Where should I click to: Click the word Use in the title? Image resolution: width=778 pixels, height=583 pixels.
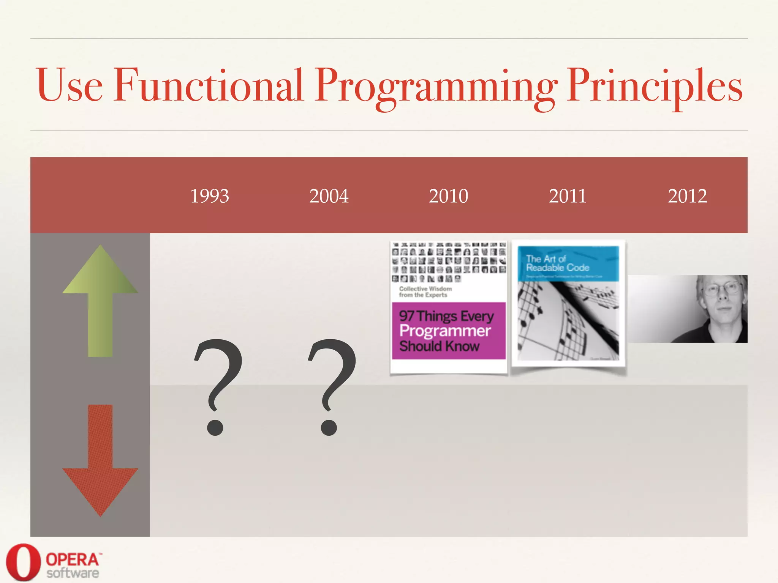pos(69,85)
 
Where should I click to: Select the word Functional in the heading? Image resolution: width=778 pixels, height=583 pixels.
pos(208,85)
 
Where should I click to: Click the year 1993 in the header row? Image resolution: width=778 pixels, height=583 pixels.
pos(209,196)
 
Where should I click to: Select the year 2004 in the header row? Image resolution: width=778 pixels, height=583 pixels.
pos(329,196)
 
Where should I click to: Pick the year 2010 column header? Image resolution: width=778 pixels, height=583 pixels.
pos(448,196)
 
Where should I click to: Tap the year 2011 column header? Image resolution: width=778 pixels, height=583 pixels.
pos(568,196)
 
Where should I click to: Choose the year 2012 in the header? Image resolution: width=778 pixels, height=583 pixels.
pos(687,196)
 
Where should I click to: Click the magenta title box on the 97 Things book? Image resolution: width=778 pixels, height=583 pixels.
pos(448,331)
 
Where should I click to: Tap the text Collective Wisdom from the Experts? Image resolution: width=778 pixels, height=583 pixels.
pos(425,291)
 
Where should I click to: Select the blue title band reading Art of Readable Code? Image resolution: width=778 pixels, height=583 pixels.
pos(568,263)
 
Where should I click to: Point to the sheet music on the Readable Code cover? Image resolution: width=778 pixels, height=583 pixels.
pos(568,323)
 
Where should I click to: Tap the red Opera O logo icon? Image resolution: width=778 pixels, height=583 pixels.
pos(23,562)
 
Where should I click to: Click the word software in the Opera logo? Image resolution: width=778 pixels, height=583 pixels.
pos(73,573)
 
